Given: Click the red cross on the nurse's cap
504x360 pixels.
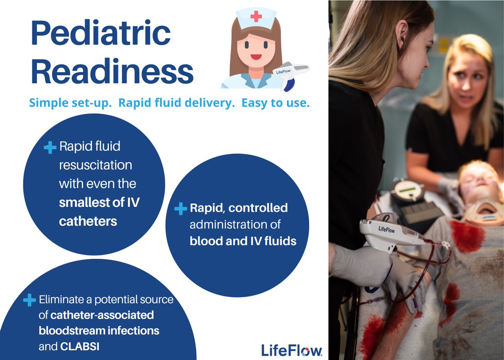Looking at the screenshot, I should click(255, 16).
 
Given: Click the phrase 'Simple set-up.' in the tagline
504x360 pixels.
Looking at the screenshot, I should click(70, 103).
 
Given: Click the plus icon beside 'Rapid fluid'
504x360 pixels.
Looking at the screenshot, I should click(50, 147).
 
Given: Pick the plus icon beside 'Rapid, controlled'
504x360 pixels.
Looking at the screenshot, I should click(181, 208).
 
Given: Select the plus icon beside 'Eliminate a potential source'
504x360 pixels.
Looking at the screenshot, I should click(29, 300).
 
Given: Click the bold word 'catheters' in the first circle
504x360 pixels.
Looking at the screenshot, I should click(88, 221).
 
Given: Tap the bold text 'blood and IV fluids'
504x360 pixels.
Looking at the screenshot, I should click(243, 241).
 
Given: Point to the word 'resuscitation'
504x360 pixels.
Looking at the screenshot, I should click(95, 165).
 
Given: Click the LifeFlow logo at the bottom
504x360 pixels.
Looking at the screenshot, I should click(291, 350).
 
